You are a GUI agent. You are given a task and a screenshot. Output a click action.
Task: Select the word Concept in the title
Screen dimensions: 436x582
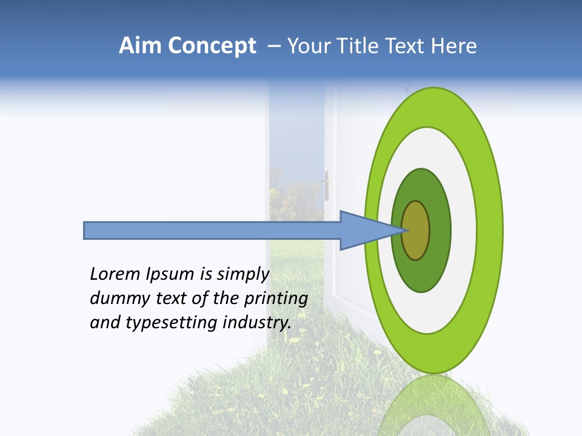coord(212,47)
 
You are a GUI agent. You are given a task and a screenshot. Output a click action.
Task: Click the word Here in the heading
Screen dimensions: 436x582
coord(455,46)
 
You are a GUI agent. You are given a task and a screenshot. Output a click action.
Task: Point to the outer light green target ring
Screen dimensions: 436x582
coord(492,230)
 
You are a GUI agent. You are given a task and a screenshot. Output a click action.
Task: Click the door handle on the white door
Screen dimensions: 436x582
coord(327,185)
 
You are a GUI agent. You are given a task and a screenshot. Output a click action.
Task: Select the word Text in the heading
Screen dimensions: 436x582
coord(408,46)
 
